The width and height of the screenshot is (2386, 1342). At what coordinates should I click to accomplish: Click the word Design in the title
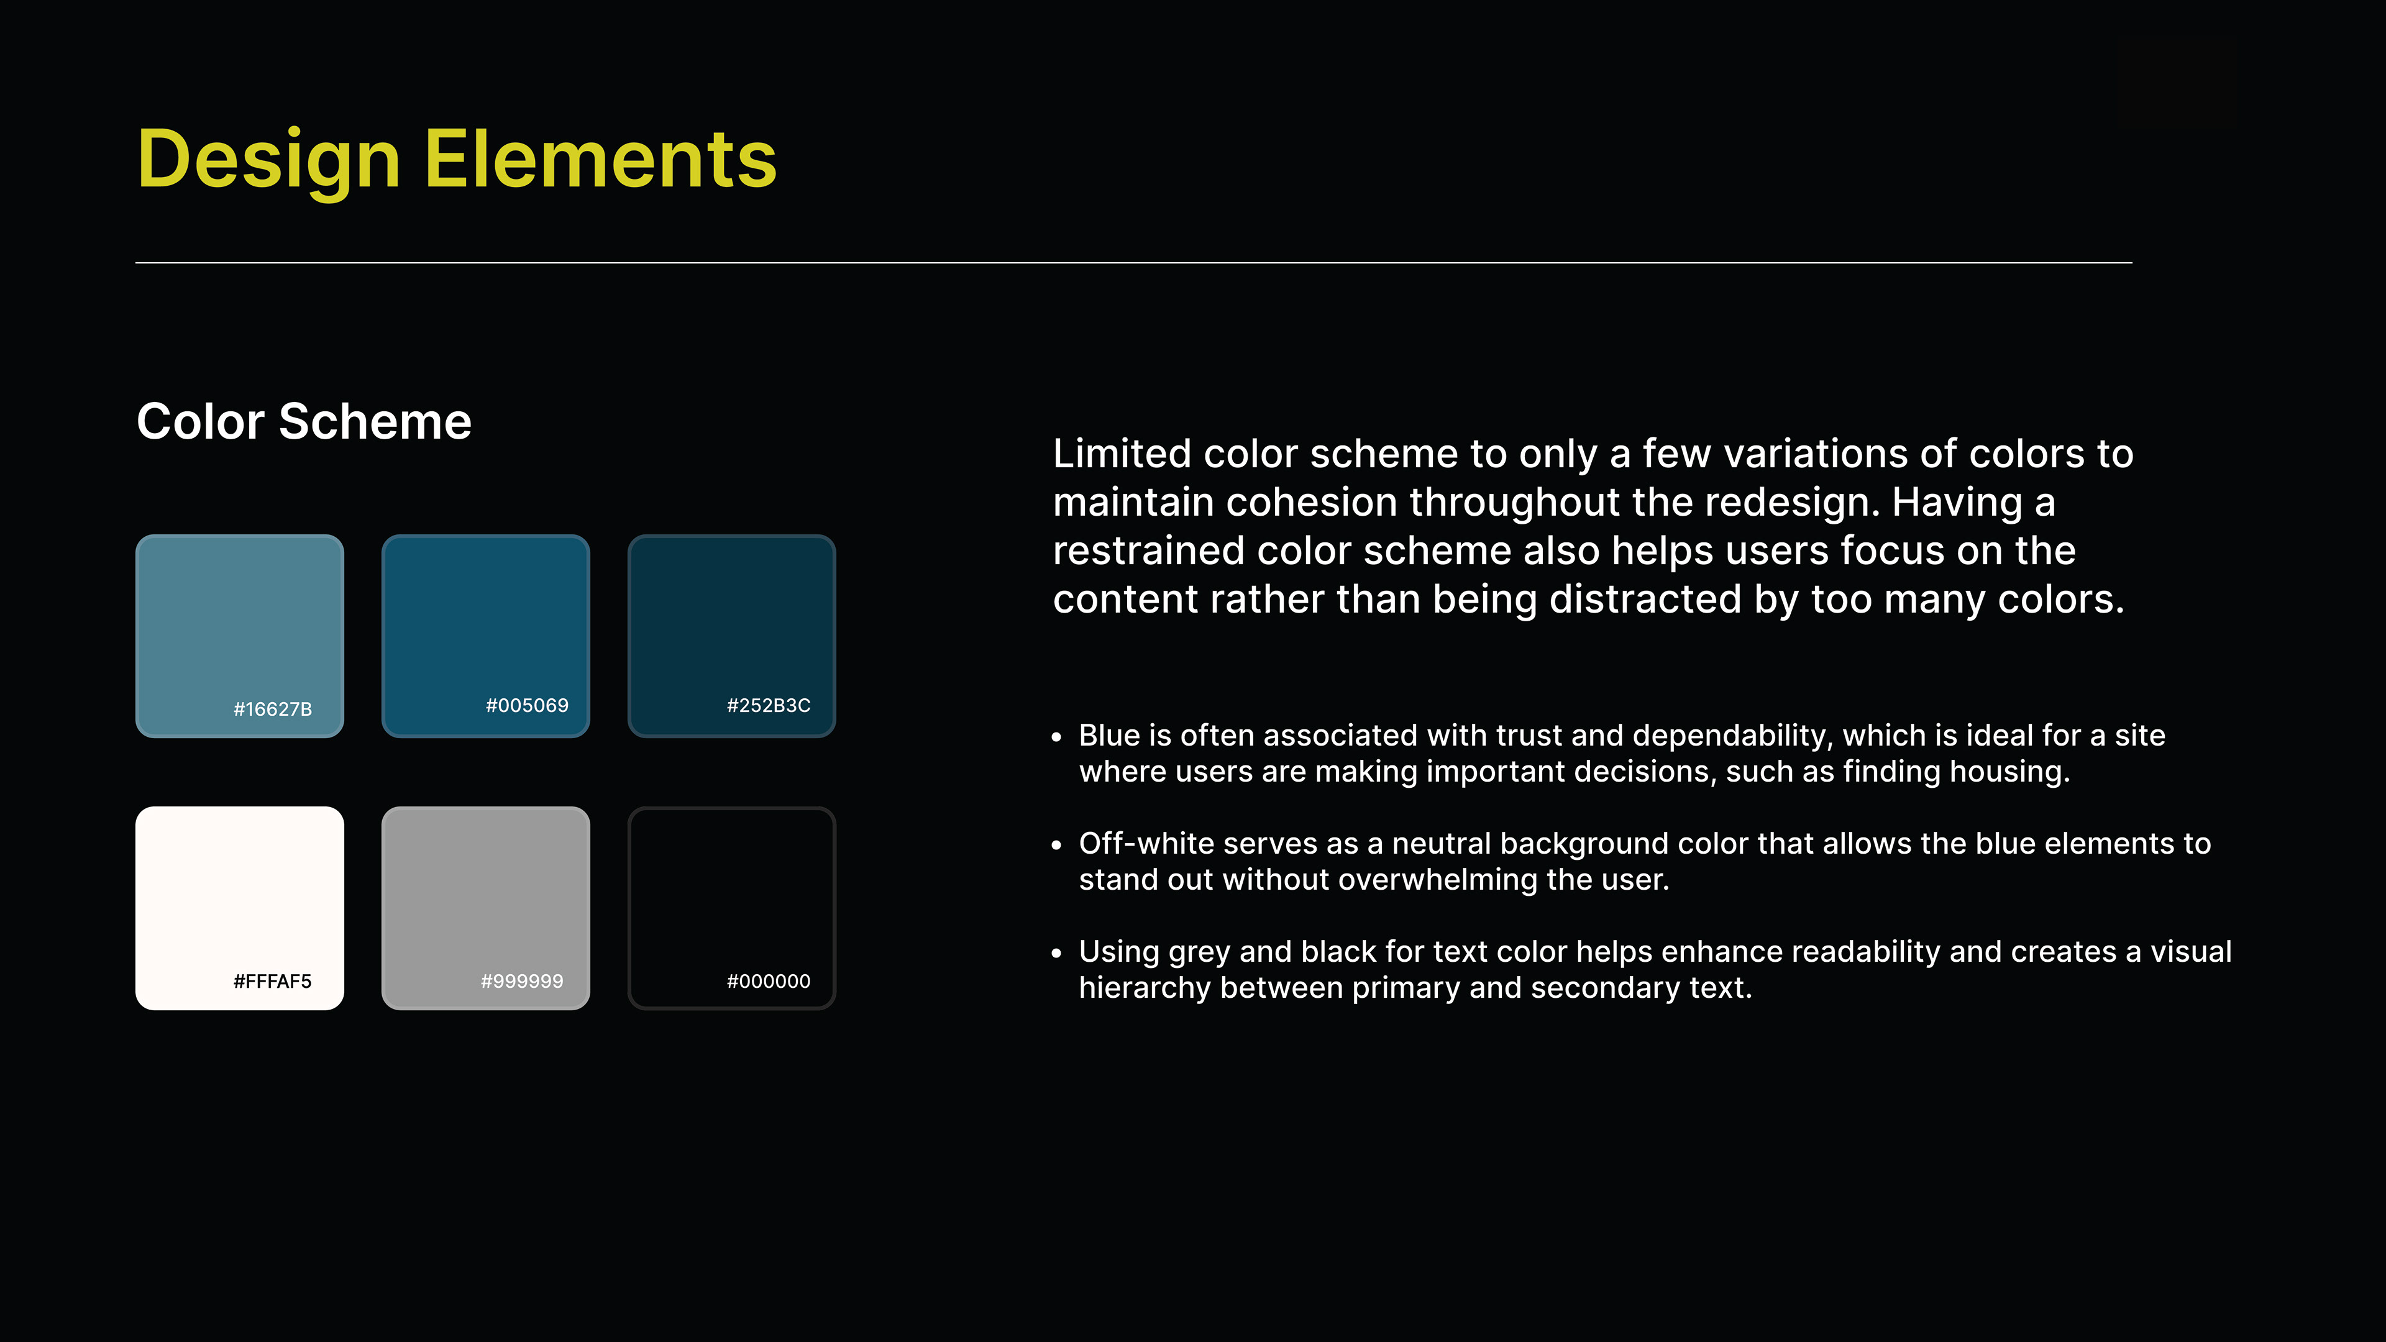tap(268, 160)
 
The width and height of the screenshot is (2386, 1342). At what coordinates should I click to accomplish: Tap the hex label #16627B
tap(272, 710)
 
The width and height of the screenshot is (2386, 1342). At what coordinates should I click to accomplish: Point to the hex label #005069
tap(527, 706)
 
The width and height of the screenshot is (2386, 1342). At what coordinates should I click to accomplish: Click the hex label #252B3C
tap(769, 706)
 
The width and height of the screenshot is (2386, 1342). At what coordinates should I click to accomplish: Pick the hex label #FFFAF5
tap(272, 982)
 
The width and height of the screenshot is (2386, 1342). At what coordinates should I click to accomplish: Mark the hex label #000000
tap(769, 982)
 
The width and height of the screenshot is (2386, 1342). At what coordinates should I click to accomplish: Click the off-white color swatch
tap(240, 908)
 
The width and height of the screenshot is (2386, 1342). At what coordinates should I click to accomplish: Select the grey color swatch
tap(485, 908)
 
